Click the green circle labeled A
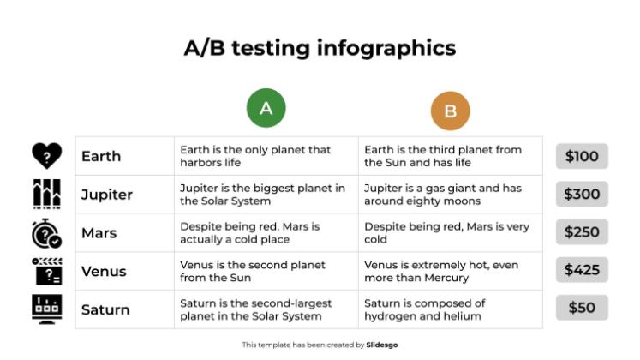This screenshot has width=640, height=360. [266, 108]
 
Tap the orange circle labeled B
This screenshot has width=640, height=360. [450, 111]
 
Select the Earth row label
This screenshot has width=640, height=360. [101, 156]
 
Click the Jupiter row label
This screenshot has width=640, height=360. [107, 195]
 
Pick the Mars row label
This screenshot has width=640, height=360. [99, 233]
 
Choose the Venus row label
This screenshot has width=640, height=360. [104, 272]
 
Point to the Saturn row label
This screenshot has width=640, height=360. [105, 309]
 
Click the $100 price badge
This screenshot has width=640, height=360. [582, 156]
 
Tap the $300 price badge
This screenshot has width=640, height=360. [582, 195]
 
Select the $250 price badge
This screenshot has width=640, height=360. [582, 232]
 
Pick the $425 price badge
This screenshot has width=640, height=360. [582, 270]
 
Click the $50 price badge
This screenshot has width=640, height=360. [582, 308]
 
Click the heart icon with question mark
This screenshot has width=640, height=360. [46, 155]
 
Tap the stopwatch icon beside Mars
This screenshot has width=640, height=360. [46, 233]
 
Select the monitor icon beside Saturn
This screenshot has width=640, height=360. [46, 309]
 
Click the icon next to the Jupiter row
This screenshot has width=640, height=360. [46, 195]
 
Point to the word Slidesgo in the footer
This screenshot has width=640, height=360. [382, 345]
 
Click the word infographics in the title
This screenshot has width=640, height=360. [386, 47]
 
